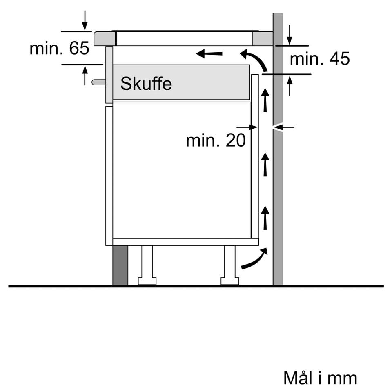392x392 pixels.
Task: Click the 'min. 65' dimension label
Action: tap(59, 49)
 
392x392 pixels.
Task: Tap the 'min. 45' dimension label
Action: tap(319, 59)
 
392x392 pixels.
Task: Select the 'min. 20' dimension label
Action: tap(216, 141)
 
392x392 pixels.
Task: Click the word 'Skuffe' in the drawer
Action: tap(146, 84)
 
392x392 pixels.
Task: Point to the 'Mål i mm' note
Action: tap(320, 378)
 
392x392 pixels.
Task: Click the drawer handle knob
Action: tap(98, 82)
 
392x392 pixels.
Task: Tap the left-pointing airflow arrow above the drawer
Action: tap(209, 53)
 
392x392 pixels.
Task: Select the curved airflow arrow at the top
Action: tap(255, 59)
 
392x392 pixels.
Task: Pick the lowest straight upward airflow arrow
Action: tap(265, 218)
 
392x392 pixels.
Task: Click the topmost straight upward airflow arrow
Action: tap(265, 100)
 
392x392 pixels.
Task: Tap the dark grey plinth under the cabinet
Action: tap(120, 265)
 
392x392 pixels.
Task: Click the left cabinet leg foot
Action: tap(147, 281)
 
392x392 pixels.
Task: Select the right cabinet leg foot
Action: tap(229, 281)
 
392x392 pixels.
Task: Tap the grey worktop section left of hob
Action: tap(105, 39)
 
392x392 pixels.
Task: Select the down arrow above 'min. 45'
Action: tap(290, 35)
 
